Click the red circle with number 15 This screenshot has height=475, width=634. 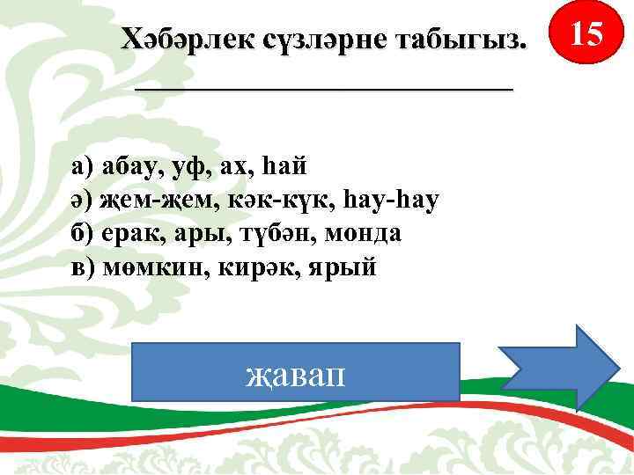tap(586, 36)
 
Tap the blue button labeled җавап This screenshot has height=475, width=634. tap(296, 372)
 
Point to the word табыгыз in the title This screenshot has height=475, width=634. tap(459, 38)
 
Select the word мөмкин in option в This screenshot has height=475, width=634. tap(151, 267)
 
